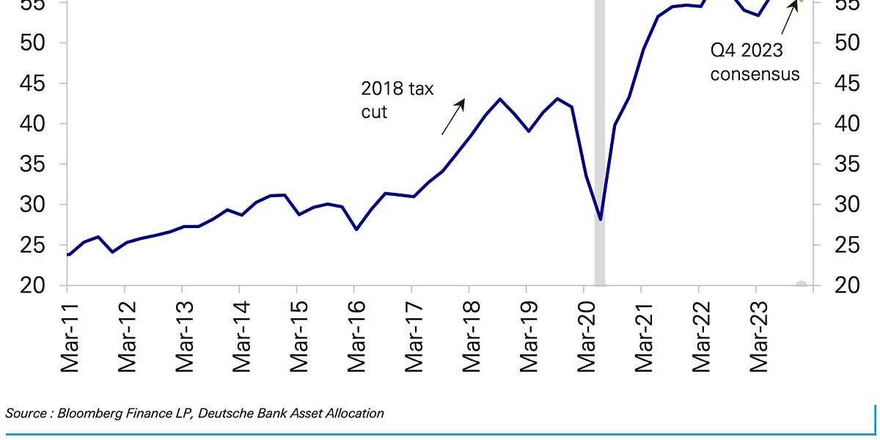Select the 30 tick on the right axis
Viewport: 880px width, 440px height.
tap(848, 205)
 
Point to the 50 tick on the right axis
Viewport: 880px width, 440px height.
tap(848, 43)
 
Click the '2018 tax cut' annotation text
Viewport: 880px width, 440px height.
tap(397, 100)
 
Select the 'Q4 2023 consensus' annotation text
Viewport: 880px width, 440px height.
tap(754, 62)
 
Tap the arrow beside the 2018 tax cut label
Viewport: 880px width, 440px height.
tap(453, 117)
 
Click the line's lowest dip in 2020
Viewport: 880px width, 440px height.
tap(600, 219)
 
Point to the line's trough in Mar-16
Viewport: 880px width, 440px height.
tap(356, 230)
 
